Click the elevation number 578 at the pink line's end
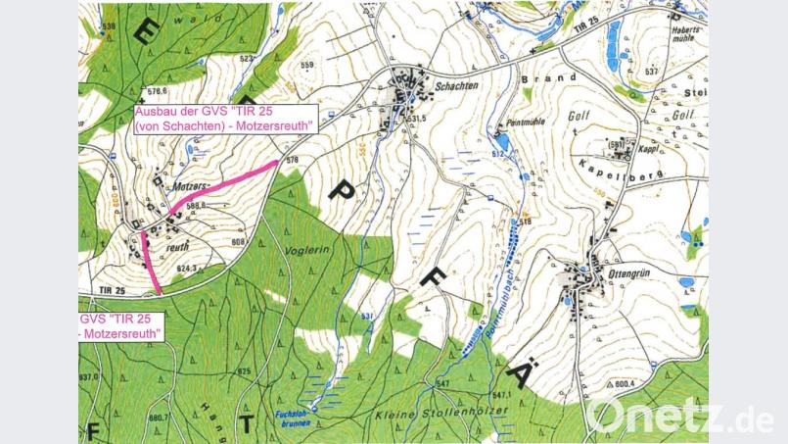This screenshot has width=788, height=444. coord(291,159)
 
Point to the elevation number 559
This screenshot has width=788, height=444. coord(308,66)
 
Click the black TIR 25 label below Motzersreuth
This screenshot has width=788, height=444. coord(113,291)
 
